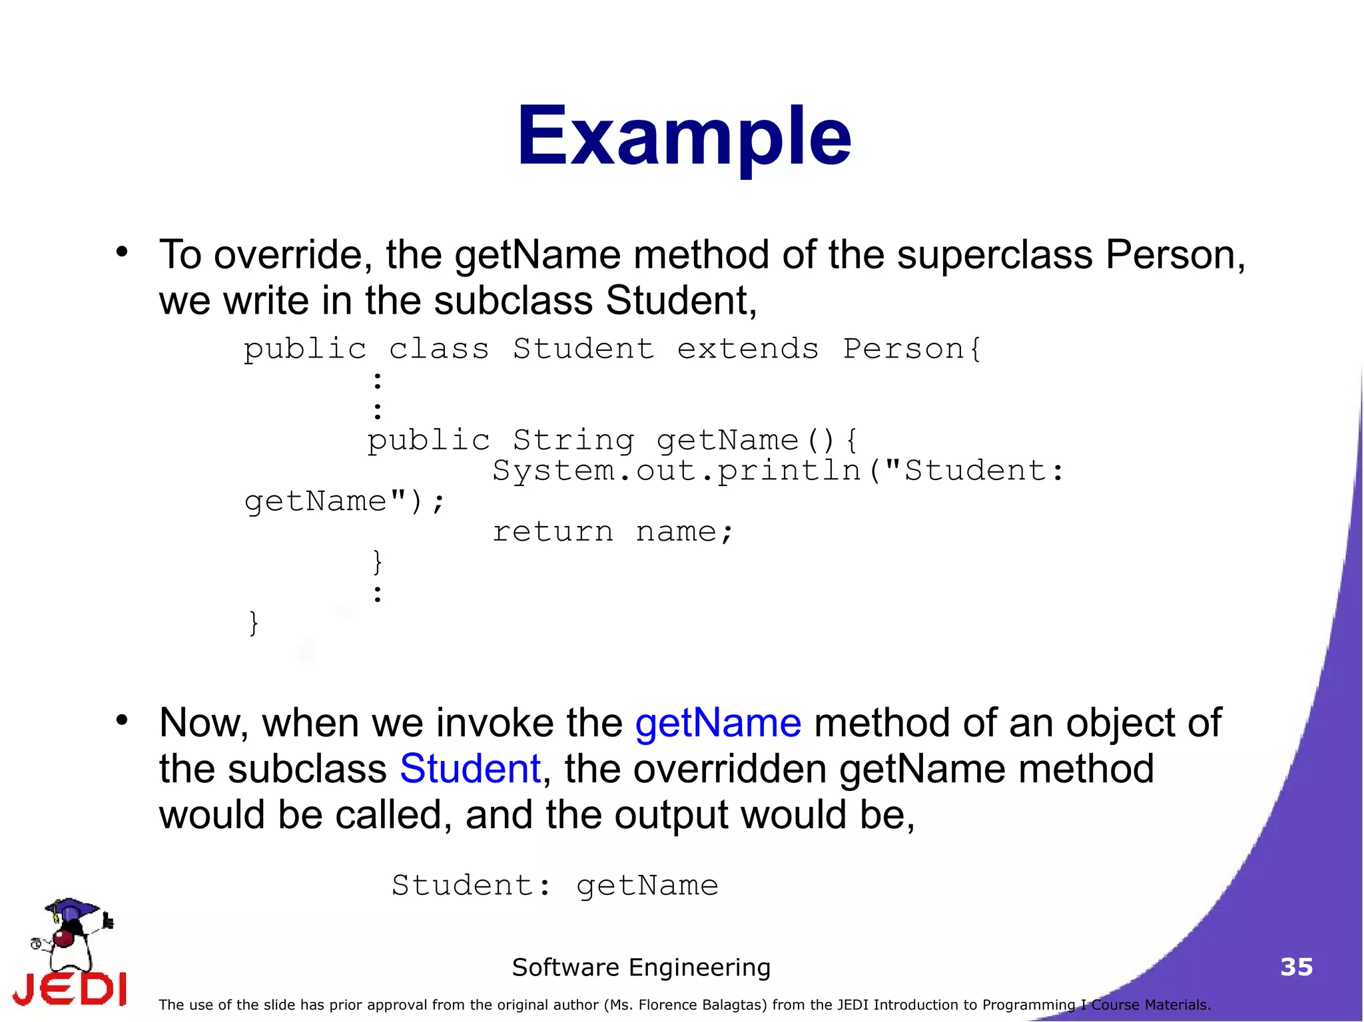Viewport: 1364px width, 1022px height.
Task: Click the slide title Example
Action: [x=683, y=136]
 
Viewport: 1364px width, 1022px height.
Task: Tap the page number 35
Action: [x=1296, y=967]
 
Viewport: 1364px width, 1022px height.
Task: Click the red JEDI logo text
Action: [x=70, y=989]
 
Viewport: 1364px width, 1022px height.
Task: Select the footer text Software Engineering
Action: [x=641, y=967]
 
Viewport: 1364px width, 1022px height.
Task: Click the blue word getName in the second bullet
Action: [x=718, y=723]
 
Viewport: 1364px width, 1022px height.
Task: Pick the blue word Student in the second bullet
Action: [x=470, y=769]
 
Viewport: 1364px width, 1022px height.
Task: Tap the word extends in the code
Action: [x=747, y=349]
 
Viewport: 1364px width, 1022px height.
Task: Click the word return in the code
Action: [x=552, y=531]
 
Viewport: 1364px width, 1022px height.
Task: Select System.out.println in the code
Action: [x=676, y=471]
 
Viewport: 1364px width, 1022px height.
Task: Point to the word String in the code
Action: [x=573, y=440]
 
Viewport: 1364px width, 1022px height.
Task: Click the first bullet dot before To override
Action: [x=121, y=252]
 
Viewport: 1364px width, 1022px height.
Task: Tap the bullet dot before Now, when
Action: [x=121, y=720]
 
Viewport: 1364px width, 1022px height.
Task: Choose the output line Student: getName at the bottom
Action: [x=555, y=886]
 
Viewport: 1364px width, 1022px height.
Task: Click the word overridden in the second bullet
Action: [x=729, y=769]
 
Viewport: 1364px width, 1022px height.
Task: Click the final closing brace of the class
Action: [x=253, y=623]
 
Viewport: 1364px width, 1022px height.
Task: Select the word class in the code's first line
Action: [x=438, y=349]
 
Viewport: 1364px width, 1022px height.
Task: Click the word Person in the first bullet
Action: [x=1175, y=255]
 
